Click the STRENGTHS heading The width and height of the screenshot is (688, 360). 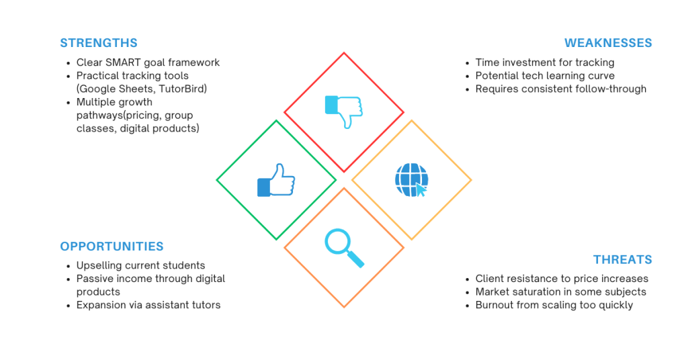coord(99,43)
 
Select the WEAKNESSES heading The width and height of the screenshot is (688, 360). coord(608,43)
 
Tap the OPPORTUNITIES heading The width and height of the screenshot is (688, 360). coord(112,246)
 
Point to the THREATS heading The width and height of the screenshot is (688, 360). coord(623,259)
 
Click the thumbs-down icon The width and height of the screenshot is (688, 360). coord(343,111)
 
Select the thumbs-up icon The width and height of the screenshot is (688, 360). coord(276,180)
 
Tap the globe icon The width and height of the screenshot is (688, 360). coord(412,180)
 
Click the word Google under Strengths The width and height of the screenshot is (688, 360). coord(93,89)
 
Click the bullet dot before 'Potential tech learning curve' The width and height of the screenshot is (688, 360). coord(468,77)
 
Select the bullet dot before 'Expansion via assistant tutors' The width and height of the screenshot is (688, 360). coord(69,306)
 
